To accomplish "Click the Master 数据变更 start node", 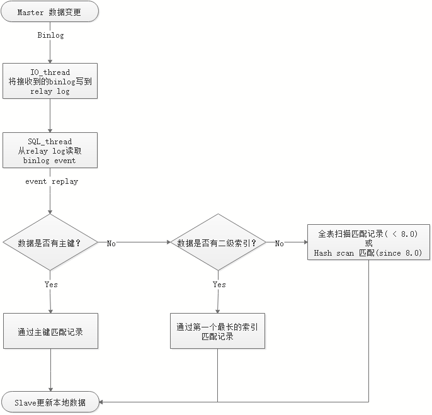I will pos(50,13).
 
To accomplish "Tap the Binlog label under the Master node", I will pos(50,35).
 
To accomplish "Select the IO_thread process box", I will pos(50,81).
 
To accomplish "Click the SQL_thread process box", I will pos(50,151).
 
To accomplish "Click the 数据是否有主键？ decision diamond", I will pos(50,242).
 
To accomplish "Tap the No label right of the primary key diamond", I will pos(111,243).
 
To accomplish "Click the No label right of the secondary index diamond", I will pos(279,243).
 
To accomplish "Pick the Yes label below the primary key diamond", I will pos(51,285).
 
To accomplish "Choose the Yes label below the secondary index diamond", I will pos(219,285).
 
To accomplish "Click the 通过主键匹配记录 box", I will pos(50,331).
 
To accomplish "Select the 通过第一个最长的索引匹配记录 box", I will pos(218,331).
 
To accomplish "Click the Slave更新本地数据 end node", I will pos(50,402).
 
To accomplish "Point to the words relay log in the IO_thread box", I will pos(50,91).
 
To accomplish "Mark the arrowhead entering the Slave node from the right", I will pos(103,402).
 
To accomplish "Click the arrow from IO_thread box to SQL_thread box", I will pos(50,115).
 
